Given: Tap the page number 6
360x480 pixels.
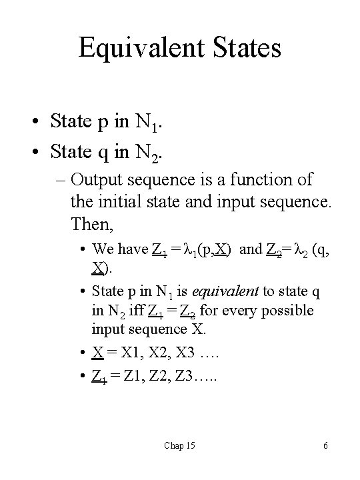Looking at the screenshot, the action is [325, 445].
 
